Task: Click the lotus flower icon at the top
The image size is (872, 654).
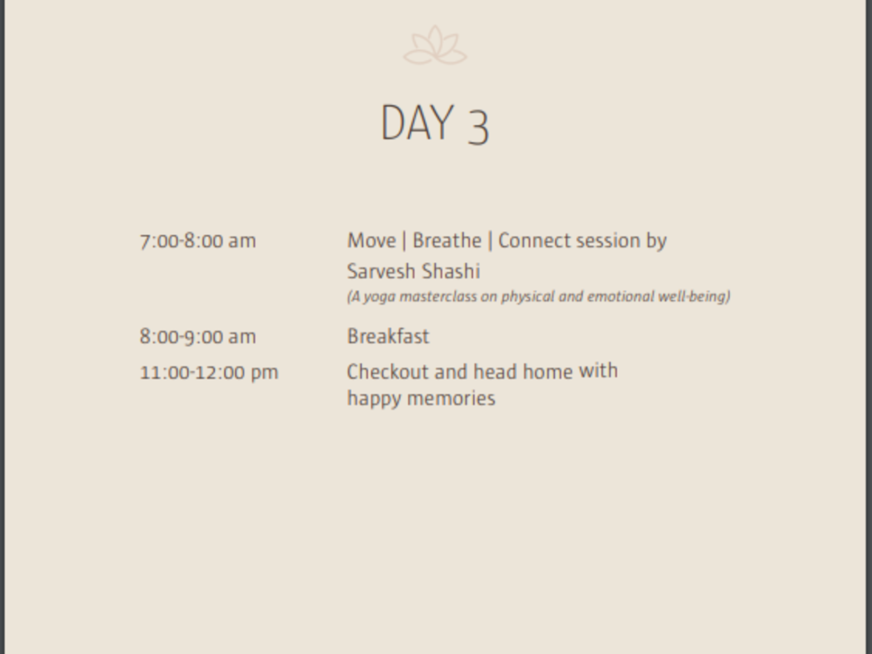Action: tap(435, 45)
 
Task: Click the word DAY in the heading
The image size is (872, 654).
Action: tap(417, 123)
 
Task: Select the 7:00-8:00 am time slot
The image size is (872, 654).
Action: tap(198, 241)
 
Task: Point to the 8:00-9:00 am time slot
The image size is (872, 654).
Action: tap(198, 337)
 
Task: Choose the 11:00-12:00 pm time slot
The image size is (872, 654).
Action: tap(209, 372)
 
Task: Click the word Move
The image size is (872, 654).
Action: tap(371, 241)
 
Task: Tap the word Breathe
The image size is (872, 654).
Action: tap(447, 240)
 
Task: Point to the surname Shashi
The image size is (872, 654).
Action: tap(451, 271)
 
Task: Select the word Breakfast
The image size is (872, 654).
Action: tap(388, 336)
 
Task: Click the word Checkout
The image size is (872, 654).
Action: tap(388, 372)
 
